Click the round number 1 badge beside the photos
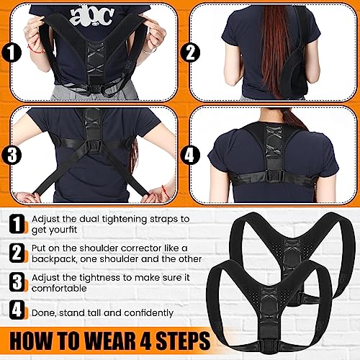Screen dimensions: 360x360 pyautogui.click(x=11, y=53)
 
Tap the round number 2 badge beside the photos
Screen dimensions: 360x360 pyautogui.click(x=190, y=53)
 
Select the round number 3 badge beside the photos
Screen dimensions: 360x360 pyautogui.click(x=11, y=154)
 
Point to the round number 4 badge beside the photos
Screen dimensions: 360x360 pyautogui.click(x=190, y=154)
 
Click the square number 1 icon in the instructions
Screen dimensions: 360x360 pyautogui.click(x=17, y=224)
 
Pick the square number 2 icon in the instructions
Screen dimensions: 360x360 pyautogui.click(x=17, y=253)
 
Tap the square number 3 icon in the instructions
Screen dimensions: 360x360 pyautogui.click(x=17, y=282)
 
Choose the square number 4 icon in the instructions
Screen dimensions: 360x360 pyautogui.click(x=17, y=310)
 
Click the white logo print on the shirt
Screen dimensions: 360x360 pyautogui.click(x=92, y=16)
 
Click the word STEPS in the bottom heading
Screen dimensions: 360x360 pyautogui.click(x=183, y=341)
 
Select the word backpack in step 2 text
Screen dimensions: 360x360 pyautogui.click(x=55, y=259)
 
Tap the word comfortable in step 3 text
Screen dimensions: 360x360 pyautogui.click(x=59, y=288)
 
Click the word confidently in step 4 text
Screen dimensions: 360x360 pyautogui.click(x=148, y=313)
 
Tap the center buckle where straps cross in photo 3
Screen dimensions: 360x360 pyautogui.click(x=92, y=145)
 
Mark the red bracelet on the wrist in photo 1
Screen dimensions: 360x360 pyautogui.click(x=36, y=49)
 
